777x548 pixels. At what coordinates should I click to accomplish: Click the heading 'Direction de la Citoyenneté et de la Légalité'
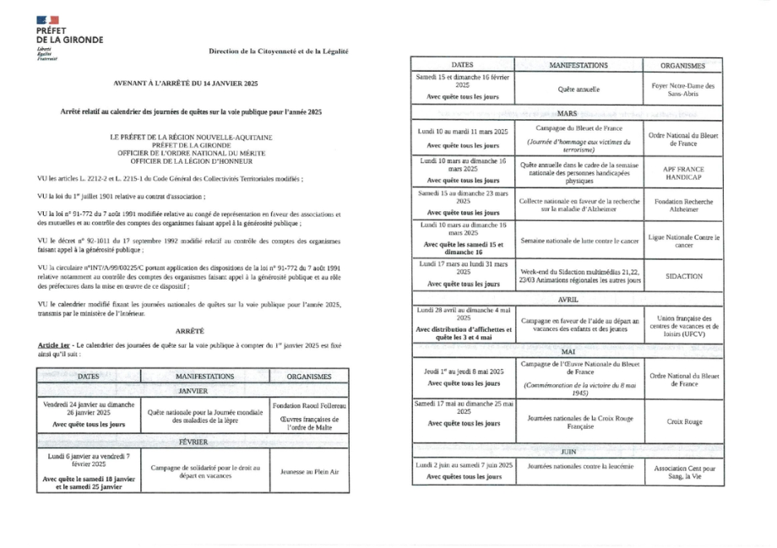[279, 52]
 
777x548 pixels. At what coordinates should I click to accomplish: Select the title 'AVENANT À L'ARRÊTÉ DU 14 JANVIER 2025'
[186, 85]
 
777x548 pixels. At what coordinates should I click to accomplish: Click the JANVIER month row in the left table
[193, 392]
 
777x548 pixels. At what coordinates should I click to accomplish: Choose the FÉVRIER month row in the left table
[193, 442]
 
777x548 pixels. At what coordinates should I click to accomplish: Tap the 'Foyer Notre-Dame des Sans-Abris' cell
[682, 90]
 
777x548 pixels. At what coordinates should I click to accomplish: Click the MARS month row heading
[566, 112]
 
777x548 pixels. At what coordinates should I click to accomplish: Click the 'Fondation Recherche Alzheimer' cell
[682, 206]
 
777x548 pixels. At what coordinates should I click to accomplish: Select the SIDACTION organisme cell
[682, 276]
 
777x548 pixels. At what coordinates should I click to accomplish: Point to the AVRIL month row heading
[566, 300]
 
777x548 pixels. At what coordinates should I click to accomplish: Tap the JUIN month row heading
[566, 452]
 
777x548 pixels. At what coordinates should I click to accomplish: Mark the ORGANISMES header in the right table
[682, 65]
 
